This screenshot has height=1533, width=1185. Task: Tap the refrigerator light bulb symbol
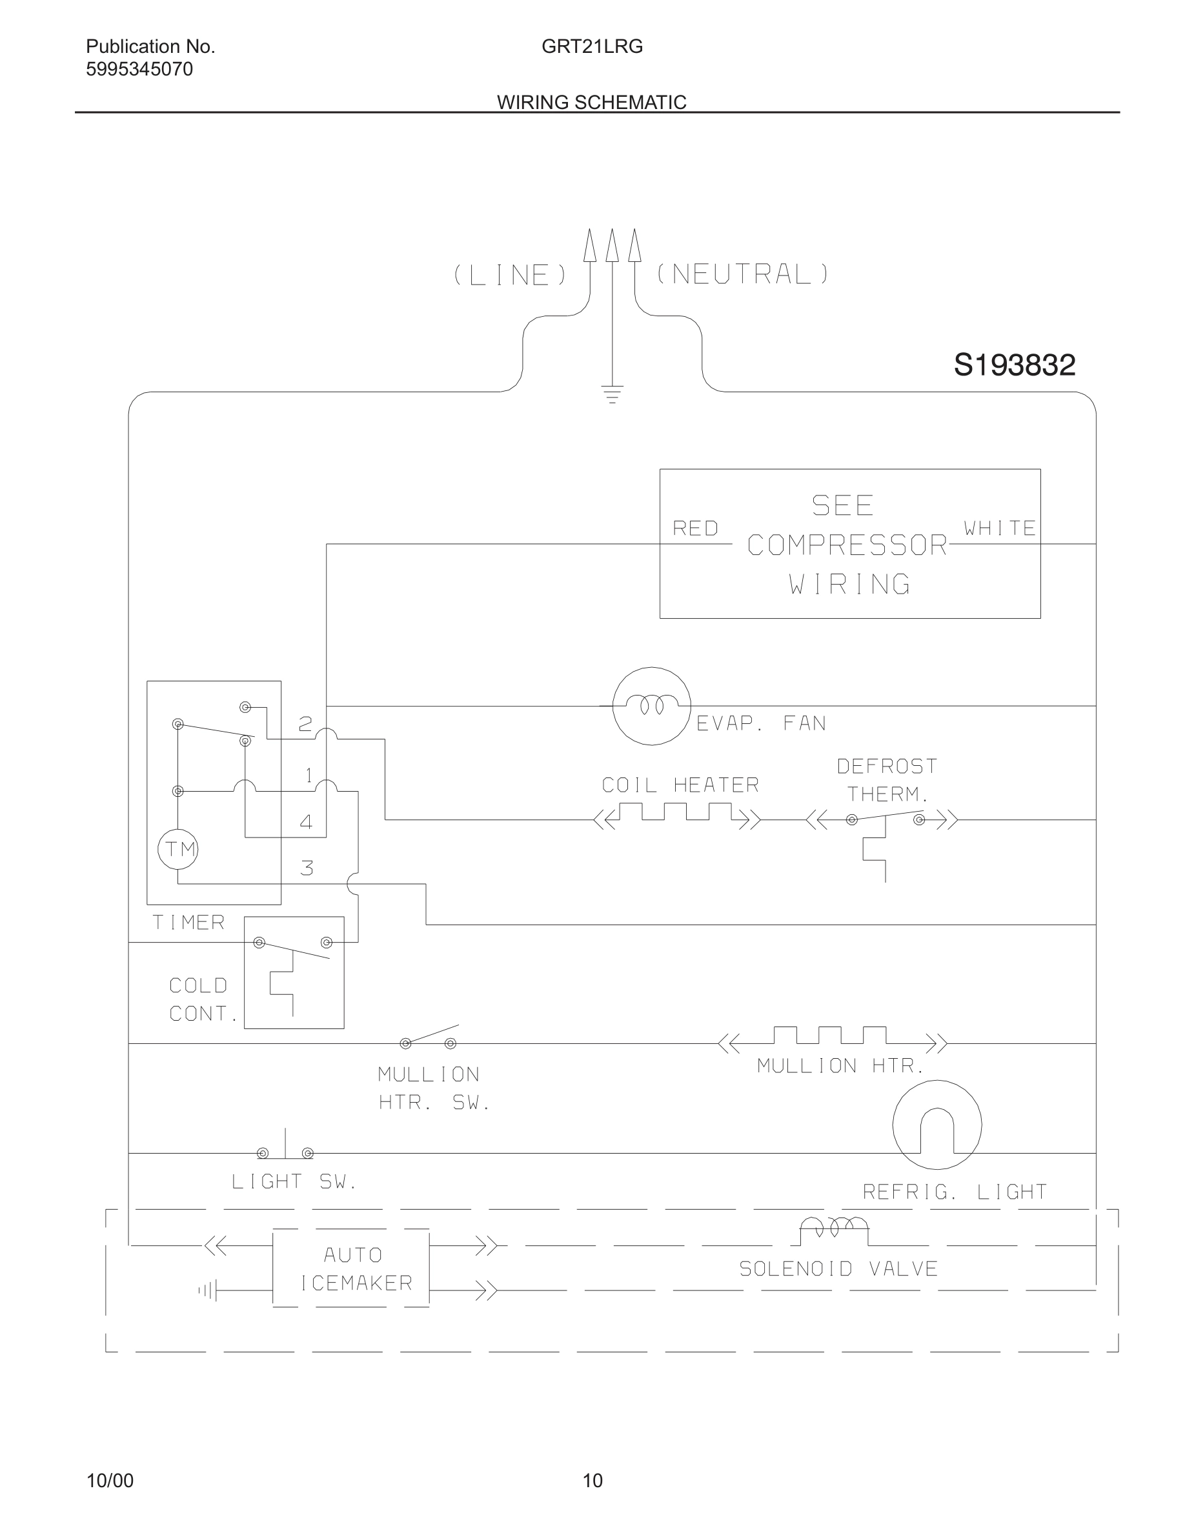937,1125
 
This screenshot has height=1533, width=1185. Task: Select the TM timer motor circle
178,849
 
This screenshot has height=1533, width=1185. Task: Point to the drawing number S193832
1014,365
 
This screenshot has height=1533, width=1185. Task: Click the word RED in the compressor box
695,528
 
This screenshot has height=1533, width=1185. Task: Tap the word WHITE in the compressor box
1000,528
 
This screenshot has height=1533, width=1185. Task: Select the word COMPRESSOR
847,545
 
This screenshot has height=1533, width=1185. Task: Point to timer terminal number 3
307,868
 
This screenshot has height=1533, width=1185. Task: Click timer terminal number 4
306,822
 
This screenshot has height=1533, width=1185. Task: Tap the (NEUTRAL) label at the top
743,274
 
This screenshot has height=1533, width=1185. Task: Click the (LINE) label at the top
510,275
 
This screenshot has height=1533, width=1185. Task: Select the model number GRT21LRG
592,47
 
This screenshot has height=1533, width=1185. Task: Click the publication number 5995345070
139,70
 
